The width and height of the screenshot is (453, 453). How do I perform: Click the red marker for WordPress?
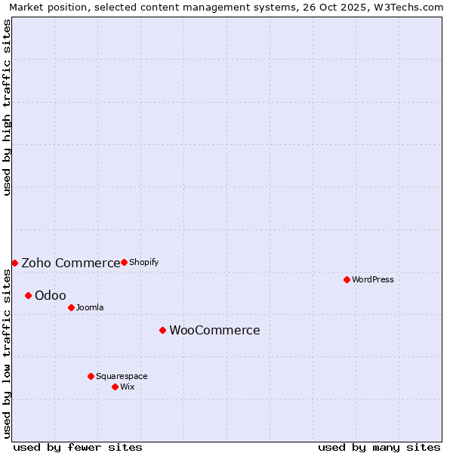tap(347, 279)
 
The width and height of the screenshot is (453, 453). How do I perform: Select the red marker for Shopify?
tap(124, 262)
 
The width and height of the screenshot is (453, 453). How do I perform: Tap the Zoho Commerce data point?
tap(14, 263)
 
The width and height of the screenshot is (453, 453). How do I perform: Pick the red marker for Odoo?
tap(28, 295)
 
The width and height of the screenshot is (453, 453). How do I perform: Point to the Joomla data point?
tap(71, 307)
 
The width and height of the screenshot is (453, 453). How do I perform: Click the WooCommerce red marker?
tap(162, 330)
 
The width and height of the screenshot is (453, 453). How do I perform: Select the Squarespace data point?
tap(91, 376)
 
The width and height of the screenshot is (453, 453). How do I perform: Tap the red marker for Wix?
tap(115, 387)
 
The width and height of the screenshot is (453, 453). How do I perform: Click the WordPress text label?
tap(373, 279)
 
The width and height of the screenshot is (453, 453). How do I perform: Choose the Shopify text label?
tap(143, 262)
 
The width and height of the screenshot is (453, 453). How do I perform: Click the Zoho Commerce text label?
tap(70, 263)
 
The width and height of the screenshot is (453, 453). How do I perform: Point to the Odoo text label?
tap(51, 295)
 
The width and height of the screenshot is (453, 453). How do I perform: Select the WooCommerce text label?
tap(214, 330)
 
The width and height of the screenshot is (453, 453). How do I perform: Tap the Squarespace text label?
tap(122, 376)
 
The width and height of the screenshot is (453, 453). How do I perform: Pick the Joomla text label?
tap(90, 307)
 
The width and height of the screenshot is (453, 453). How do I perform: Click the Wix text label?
tap(128, 387)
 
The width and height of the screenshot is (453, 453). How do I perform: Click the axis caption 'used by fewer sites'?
tap(78, 447)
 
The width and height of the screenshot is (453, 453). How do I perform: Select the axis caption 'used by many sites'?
tap(379, 447)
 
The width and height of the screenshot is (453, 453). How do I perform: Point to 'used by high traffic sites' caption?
tap(8, 107)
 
